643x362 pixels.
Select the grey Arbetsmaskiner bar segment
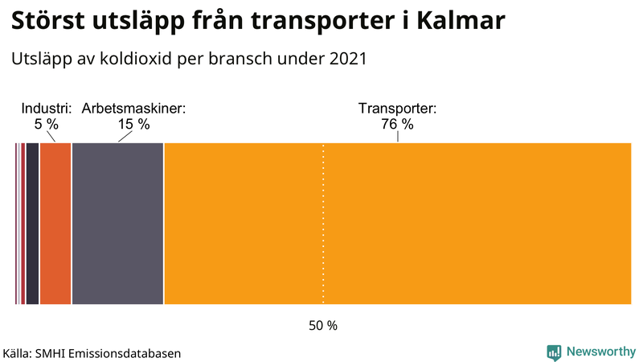click(117, 224)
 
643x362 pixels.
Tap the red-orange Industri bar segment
click(55, 224)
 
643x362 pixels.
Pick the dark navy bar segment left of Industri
click(32, 224)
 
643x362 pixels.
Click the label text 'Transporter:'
click(397, 109)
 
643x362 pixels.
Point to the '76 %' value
click(397, 124)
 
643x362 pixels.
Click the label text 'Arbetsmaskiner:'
click(133, 109)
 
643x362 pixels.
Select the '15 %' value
click(133, 124)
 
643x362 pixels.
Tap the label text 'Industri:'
click(47, 109)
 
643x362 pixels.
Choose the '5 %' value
click(47, 124)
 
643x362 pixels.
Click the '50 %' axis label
click(323, 326)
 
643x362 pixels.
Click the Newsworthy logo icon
click(554, 352)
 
